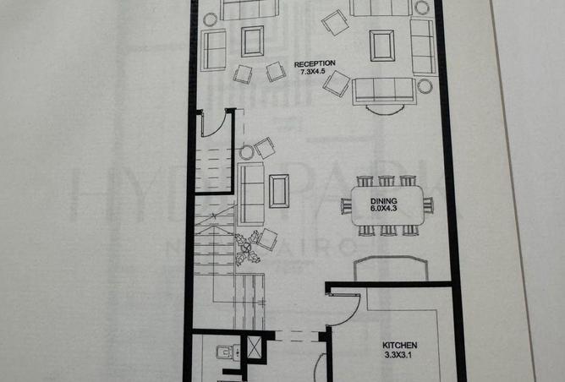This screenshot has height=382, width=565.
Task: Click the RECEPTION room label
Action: coord(315,63)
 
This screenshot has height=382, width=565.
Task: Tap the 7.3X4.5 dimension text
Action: coord(315,72)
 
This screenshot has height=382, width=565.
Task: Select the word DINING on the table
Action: coord(384,199)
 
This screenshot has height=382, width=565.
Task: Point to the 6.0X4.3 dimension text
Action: coord(384,208)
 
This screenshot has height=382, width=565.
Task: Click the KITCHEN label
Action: coord(399,347)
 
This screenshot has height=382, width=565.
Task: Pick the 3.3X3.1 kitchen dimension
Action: coord(399,356)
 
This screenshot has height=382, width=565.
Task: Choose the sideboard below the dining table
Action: coord(390,269)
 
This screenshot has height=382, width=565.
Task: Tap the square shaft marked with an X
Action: coord(253,347)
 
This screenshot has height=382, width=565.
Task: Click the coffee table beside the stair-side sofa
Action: coord(278,190)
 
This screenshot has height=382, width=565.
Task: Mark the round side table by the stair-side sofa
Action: coord(246,153)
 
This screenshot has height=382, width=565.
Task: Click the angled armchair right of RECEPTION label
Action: coord(336,83)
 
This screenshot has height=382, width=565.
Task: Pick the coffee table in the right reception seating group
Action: coord(381,45)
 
